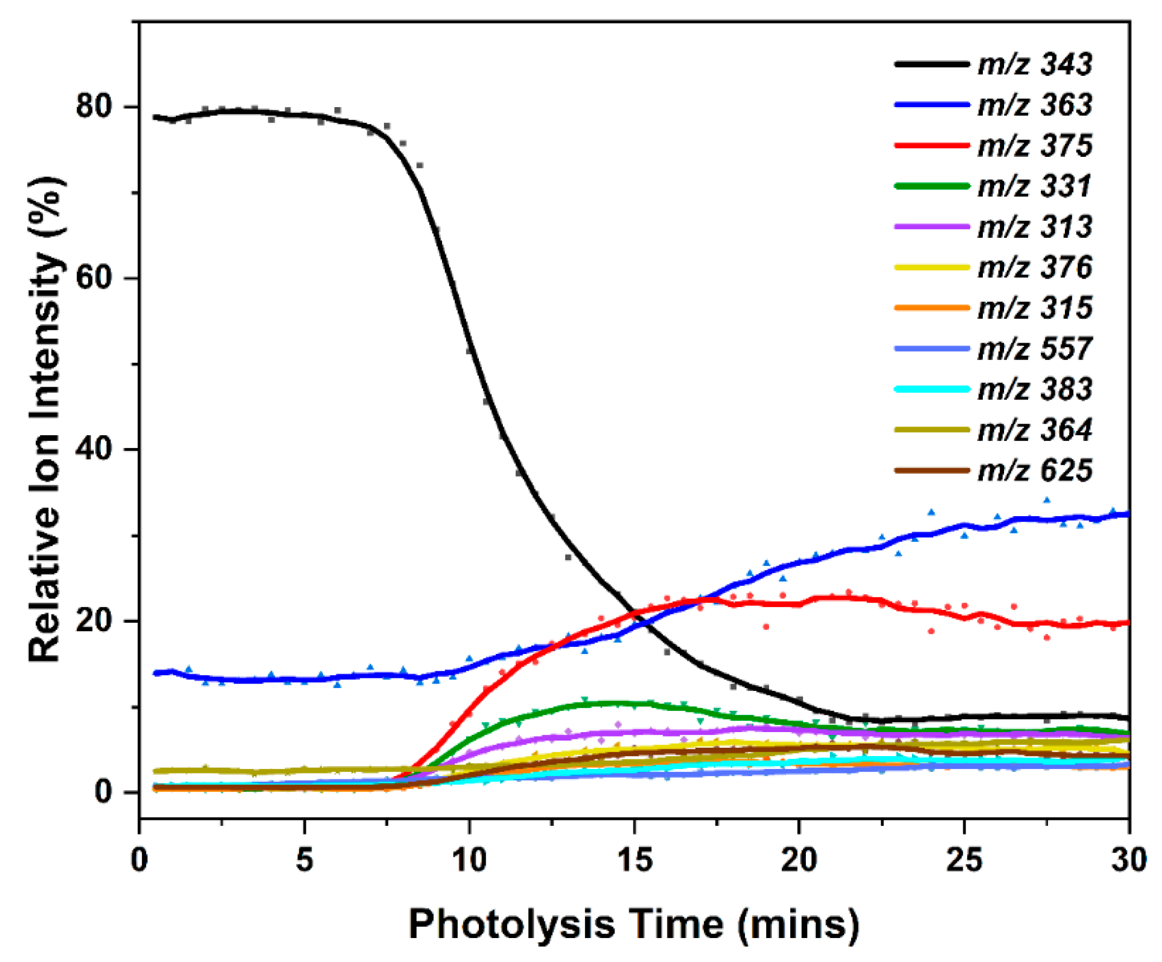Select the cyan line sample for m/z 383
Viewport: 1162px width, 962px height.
coord(931,389)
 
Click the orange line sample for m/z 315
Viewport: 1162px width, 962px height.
coord(931,307)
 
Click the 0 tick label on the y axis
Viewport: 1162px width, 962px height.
coord(103,792)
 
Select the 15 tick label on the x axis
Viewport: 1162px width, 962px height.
coord(635,860)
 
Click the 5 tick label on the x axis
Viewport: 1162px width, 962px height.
coord(304,860)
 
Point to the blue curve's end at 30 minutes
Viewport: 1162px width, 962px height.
coord(1127,514)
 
